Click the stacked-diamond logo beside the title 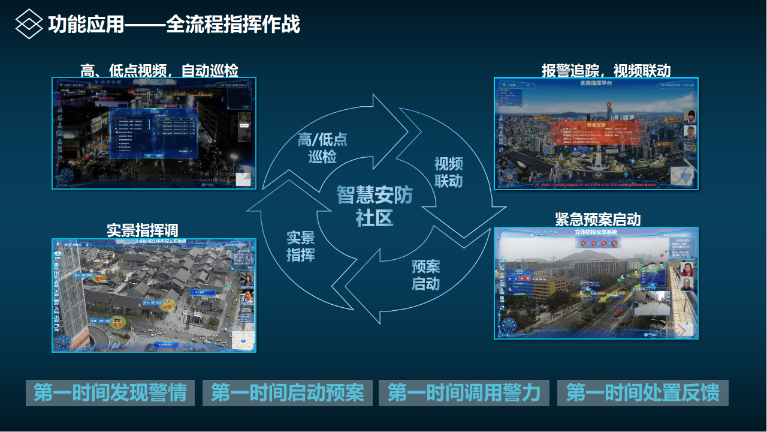(x=29, y=25)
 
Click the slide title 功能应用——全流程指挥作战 (x=174, y=25)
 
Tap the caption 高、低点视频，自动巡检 (x=159, y=71)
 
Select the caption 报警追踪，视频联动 (x=606, y=70)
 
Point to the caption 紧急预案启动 (x=597, y=219)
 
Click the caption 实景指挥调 (x=142, y=230)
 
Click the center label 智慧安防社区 (x=375, y=206)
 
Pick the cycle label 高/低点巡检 (x=322, y=148)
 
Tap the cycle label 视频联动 (x=449, y=172)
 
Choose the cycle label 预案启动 (x=425, y=275)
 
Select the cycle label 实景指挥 (x=300, y=246)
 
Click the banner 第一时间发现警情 (x=110, y=393)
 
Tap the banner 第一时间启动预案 (x=288, y=393)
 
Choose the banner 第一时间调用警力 (x=464, y=393)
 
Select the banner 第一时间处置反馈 (x=642, y=393)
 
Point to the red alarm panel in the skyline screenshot (x=596, y=133)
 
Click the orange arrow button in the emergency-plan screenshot (x=683, y=329)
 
